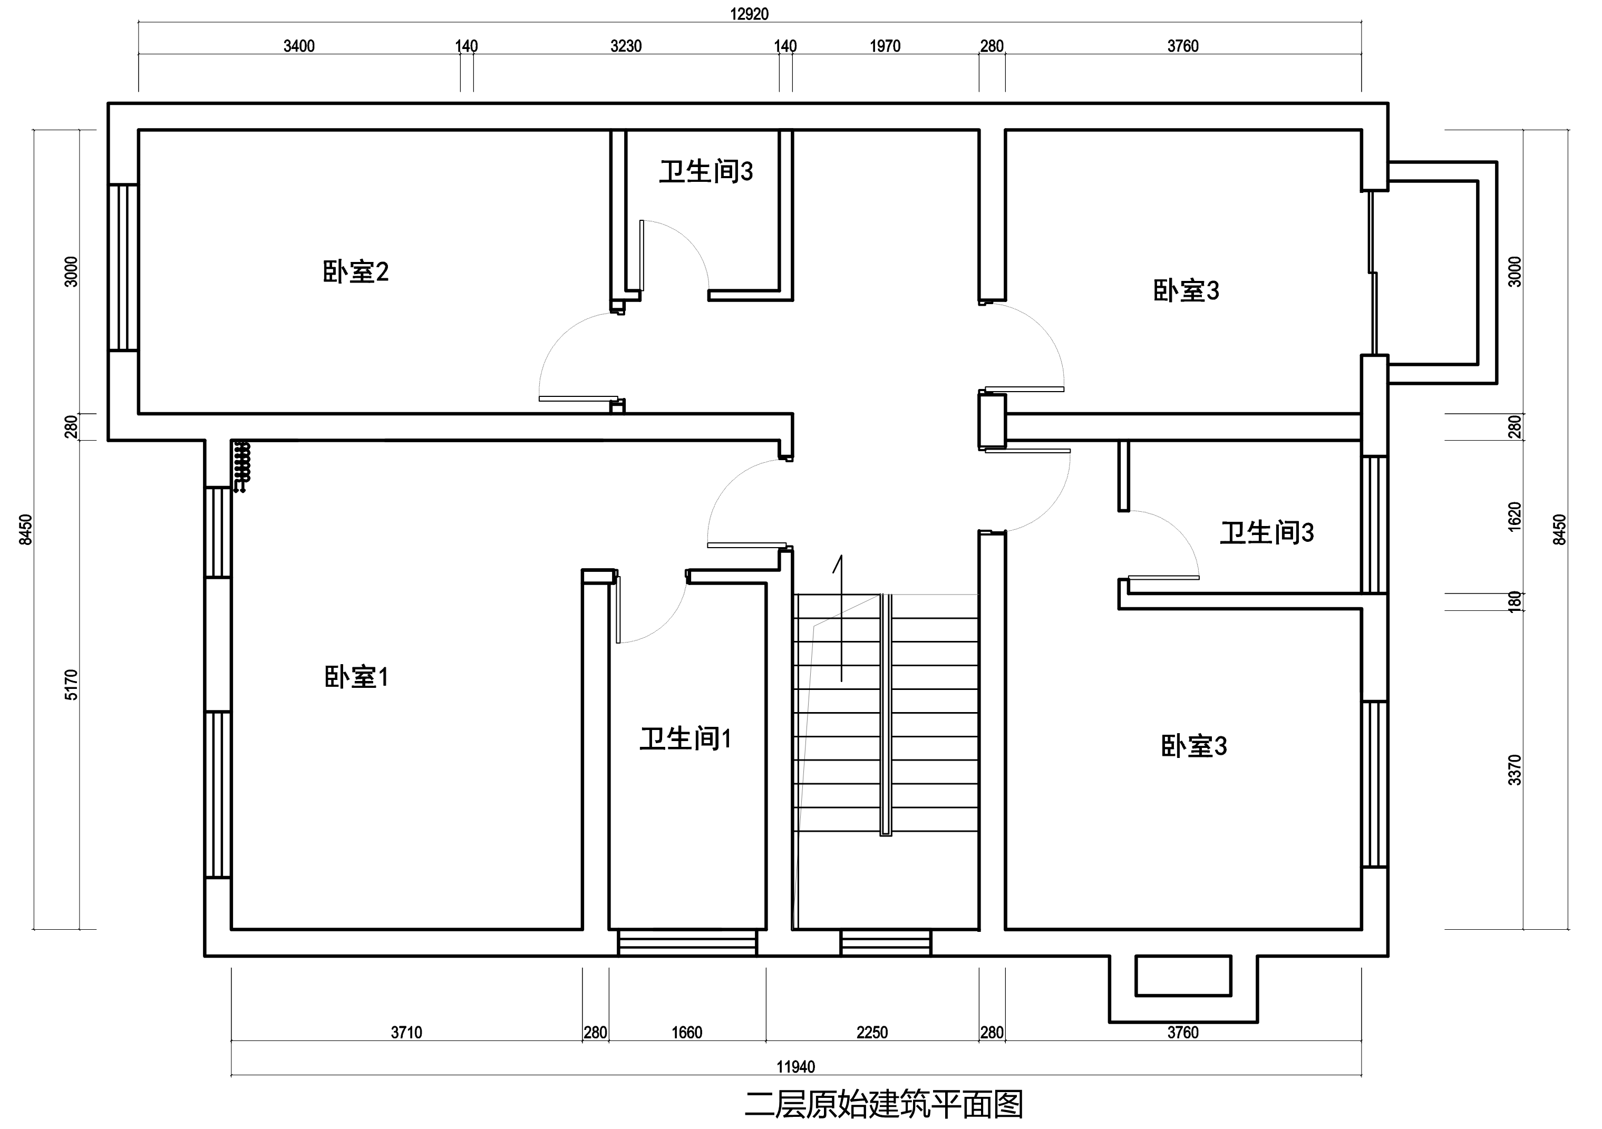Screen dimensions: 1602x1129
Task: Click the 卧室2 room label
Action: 355,271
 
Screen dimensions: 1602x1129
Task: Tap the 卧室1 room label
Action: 356,677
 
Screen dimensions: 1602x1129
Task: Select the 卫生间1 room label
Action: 686,738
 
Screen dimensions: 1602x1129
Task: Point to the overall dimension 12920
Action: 750,14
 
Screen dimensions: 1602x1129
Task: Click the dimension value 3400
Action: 299,46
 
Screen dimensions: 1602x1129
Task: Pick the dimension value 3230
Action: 626,46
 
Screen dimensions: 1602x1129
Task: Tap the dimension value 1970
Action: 885,46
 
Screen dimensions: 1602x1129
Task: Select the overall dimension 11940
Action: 795,1067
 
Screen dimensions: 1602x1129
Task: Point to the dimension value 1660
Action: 686,1033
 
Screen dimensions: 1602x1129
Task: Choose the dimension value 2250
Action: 872,1033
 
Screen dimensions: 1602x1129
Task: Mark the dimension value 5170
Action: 71,685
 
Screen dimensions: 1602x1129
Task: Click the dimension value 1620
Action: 1514,517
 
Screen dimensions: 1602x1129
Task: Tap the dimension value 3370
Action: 1514,770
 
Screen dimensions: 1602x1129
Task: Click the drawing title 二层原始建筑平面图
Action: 883,1105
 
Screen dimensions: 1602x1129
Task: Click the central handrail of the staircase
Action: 886,715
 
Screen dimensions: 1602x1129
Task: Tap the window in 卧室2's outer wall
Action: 123,267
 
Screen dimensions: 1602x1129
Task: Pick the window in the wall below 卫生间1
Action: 687,943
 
